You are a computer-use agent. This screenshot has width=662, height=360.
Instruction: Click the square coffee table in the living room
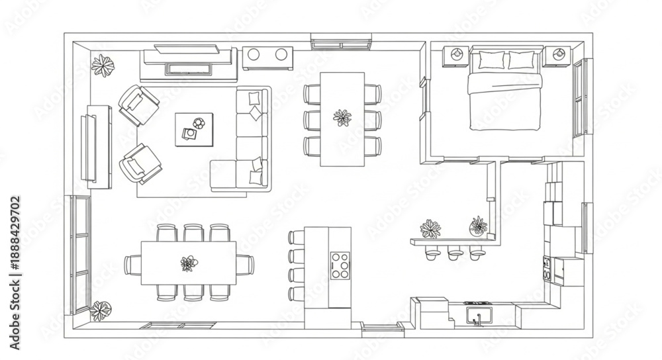(x=194, y=129)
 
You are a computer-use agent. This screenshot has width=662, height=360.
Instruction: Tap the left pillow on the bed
(x=491, y=60)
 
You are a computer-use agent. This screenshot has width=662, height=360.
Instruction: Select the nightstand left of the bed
(x=456, y=56)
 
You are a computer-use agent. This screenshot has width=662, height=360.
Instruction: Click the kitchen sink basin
(x=479, y=315)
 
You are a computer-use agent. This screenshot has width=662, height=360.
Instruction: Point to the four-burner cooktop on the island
(x=340, y=265)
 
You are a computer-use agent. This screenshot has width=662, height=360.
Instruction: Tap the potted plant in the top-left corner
(x=103, y=66)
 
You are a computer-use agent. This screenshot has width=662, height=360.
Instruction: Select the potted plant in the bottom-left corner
(x=101, y=310)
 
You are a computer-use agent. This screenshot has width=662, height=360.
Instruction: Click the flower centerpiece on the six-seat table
(x=342, y=118)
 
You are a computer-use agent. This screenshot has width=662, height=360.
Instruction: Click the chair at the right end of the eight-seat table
(x=246, y=265)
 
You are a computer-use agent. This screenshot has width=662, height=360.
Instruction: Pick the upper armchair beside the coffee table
(x=138, y=105)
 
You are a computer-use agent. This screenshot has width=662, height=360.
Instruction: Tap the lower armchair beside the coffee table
(x=140, y=164)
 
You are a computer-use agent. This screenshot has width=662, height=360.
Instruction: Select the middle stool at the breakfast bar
(x=455, y=253)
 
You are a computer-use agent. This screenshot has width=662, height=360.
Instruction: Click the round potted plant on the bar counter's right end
(x=479, y=226)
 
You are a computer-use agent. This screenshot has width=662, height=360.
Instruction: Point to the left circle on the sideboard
(x=254, y=54)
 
